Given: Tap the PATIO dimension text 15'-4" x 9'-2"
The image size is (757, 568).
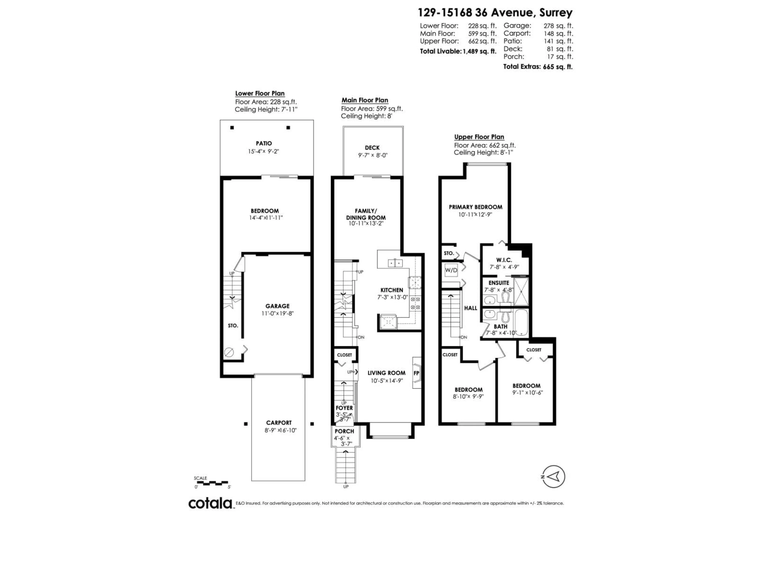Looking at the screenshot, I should (264, 151).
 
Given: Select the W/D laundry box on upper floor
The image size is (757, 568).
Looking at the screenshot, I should (451, 270).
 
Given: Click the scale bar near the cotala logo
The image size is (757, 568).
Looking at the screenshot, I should (212, 483).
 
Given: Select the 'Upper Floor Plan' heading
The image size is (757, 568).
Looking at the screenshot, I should (479, 137).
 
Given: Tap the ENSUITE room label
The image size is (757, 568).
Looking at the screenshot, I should (499, 283).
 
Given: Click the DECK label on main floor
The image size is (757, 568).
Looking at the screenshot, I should (372, 148).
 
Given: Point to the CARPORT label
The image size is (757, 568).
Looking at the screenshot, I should (279, 423).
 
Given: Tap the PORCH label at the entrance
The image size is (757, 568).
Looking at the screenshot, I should (344, 431).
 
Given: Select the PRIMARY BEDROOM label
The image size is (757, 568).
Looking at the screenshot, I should (475, 207).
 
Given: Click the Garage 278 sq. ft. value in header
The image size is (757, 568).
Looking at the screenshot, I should (558, 26).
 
